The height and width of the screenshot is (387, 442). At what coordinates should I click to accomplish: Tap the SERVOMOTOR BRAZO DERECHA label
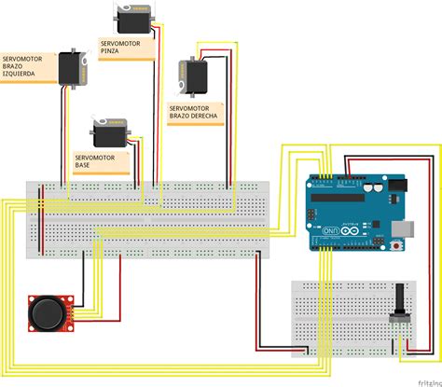[193, 113]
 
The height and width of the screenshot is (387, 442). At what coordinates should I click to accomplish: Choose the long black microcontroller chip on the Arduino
[341, 197]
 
